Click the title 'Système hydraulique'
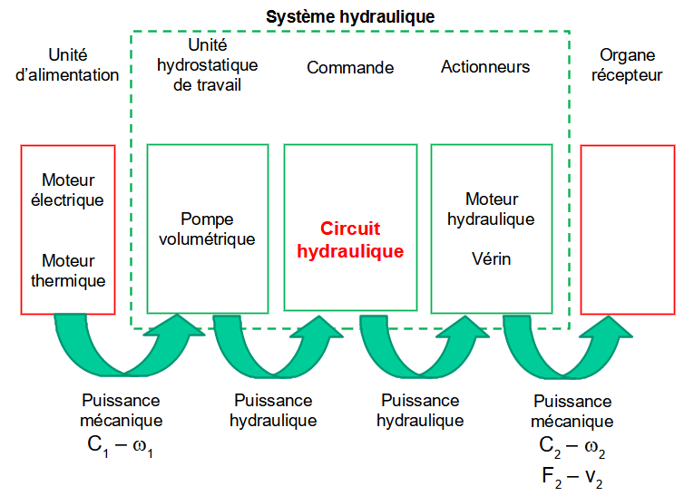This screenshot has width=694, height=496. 350,16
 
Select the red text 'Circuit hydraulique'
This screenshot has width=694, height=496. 350,240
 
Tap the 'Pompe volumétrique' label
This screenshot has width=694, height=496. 207,229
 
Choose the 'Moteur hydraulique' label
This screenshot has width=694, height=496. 491,209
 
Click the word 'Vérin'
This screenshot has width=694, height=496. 491,258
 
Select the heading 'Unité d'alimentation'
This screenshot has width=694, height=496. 68,64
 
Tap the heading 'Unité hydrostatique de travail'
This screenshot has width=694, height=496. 207,64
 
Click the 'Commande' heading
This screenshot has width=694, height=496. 350,68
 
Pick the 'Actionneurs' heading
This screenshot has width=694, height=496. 485,67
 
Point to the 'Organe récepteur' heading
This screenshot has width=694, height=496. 627,64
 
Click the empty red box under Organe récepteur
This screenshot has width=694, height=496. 627,229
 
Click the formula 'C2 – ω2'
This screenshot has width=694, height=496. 572,446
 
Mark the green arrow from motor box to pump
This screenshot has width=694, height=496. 127,349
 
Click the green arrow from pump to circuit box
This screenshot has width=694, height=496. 272,349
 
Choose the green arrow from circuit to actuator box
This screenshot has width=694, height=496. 419,349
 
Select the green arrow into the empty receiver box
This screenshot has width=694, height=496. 564,349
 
